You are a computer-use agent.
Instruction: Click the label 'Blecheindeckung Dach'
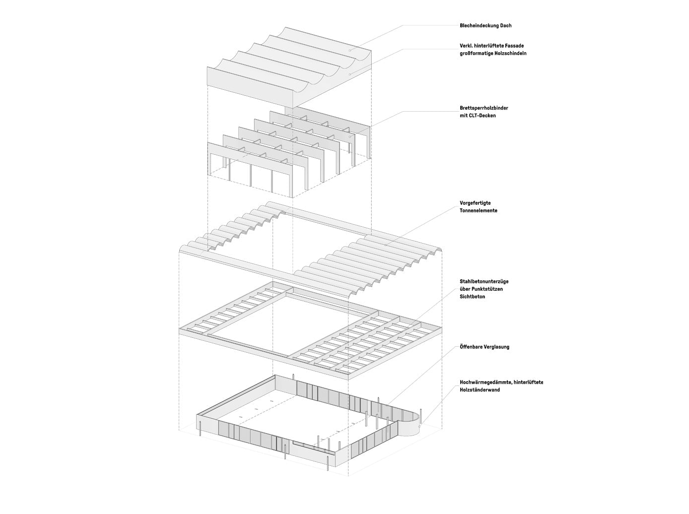(485, 25)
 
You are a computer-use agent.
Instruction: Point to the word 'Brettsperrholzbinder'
(483, 108)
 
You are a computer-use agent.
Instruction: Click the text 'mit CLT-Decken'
(478, 116)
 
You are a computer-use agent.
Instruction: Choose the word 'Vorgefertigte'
(475, 203)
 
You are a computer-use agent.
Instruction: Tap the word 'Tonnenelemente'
(479, 210)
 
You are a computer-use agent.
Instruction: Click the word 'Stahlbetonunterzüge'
(484, 282)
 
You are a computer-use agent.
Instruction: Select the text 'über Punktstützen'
(481, 289)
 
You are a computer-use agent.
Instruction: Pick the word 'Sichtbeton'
(473, 296)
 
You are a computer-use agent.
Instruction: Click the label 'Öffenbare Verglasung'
(484, 347)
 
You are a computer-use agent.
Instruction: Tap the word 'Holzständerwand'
(480, 390)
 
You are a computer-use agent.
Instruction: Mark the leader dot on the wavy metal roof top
(349, 50)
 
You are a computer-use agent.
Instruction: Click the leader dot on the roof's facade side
(349, 74)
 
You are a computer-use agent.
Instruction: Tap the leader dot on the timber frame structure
(349, 137)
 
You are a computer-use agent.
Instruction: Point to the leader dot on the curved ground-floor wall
(419, 426)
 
